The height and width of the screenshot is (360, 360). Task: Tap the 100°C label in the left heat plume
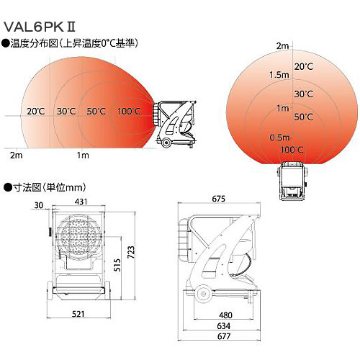[130, 111]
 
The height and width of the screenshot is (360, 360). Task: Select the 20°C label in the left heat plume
[36, 111]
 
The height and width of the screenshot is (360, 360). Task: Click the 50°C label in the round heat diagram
[304, 117]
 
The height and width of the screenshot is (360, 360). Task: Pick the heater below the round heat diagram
[294, 179]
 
